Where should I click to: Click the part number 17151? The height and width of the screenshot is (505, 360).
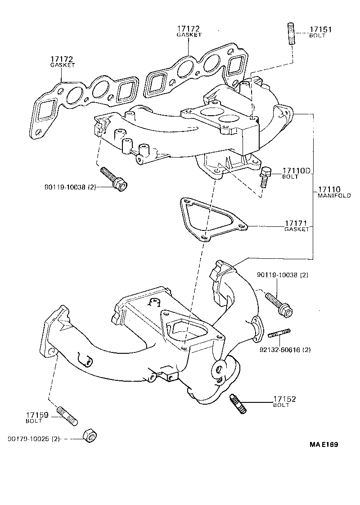pyautogui.click(x=320, y=30)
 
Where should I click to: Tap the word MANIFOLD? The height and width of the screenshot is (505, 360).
pyautogui.click(x=334, y=196)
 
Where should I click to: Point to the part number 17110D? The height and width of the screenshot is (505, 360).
pyautogui.click(x=296, y=171)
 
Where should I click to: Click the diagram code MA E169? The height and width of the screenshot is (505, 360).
pyautogui.click(x=324, y=445)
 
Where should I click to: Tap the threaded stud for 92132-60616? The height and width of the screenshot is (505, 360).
pyautogui.click(x=279, y=334)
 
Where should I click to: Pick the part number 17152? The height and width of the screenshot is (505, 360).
pyautogui.click(x=285, y=399)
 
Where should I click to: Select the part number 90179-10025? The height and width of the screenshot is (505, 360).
pyautogui.click(x=28, y=438)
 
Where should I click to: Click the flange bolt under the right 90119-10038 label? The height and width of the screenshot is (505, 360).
pyautogui.click(x=279, y=303)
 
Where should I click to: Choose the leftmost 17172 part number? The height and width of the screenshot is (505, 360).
pyautogui.click(x=62, y=59)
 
